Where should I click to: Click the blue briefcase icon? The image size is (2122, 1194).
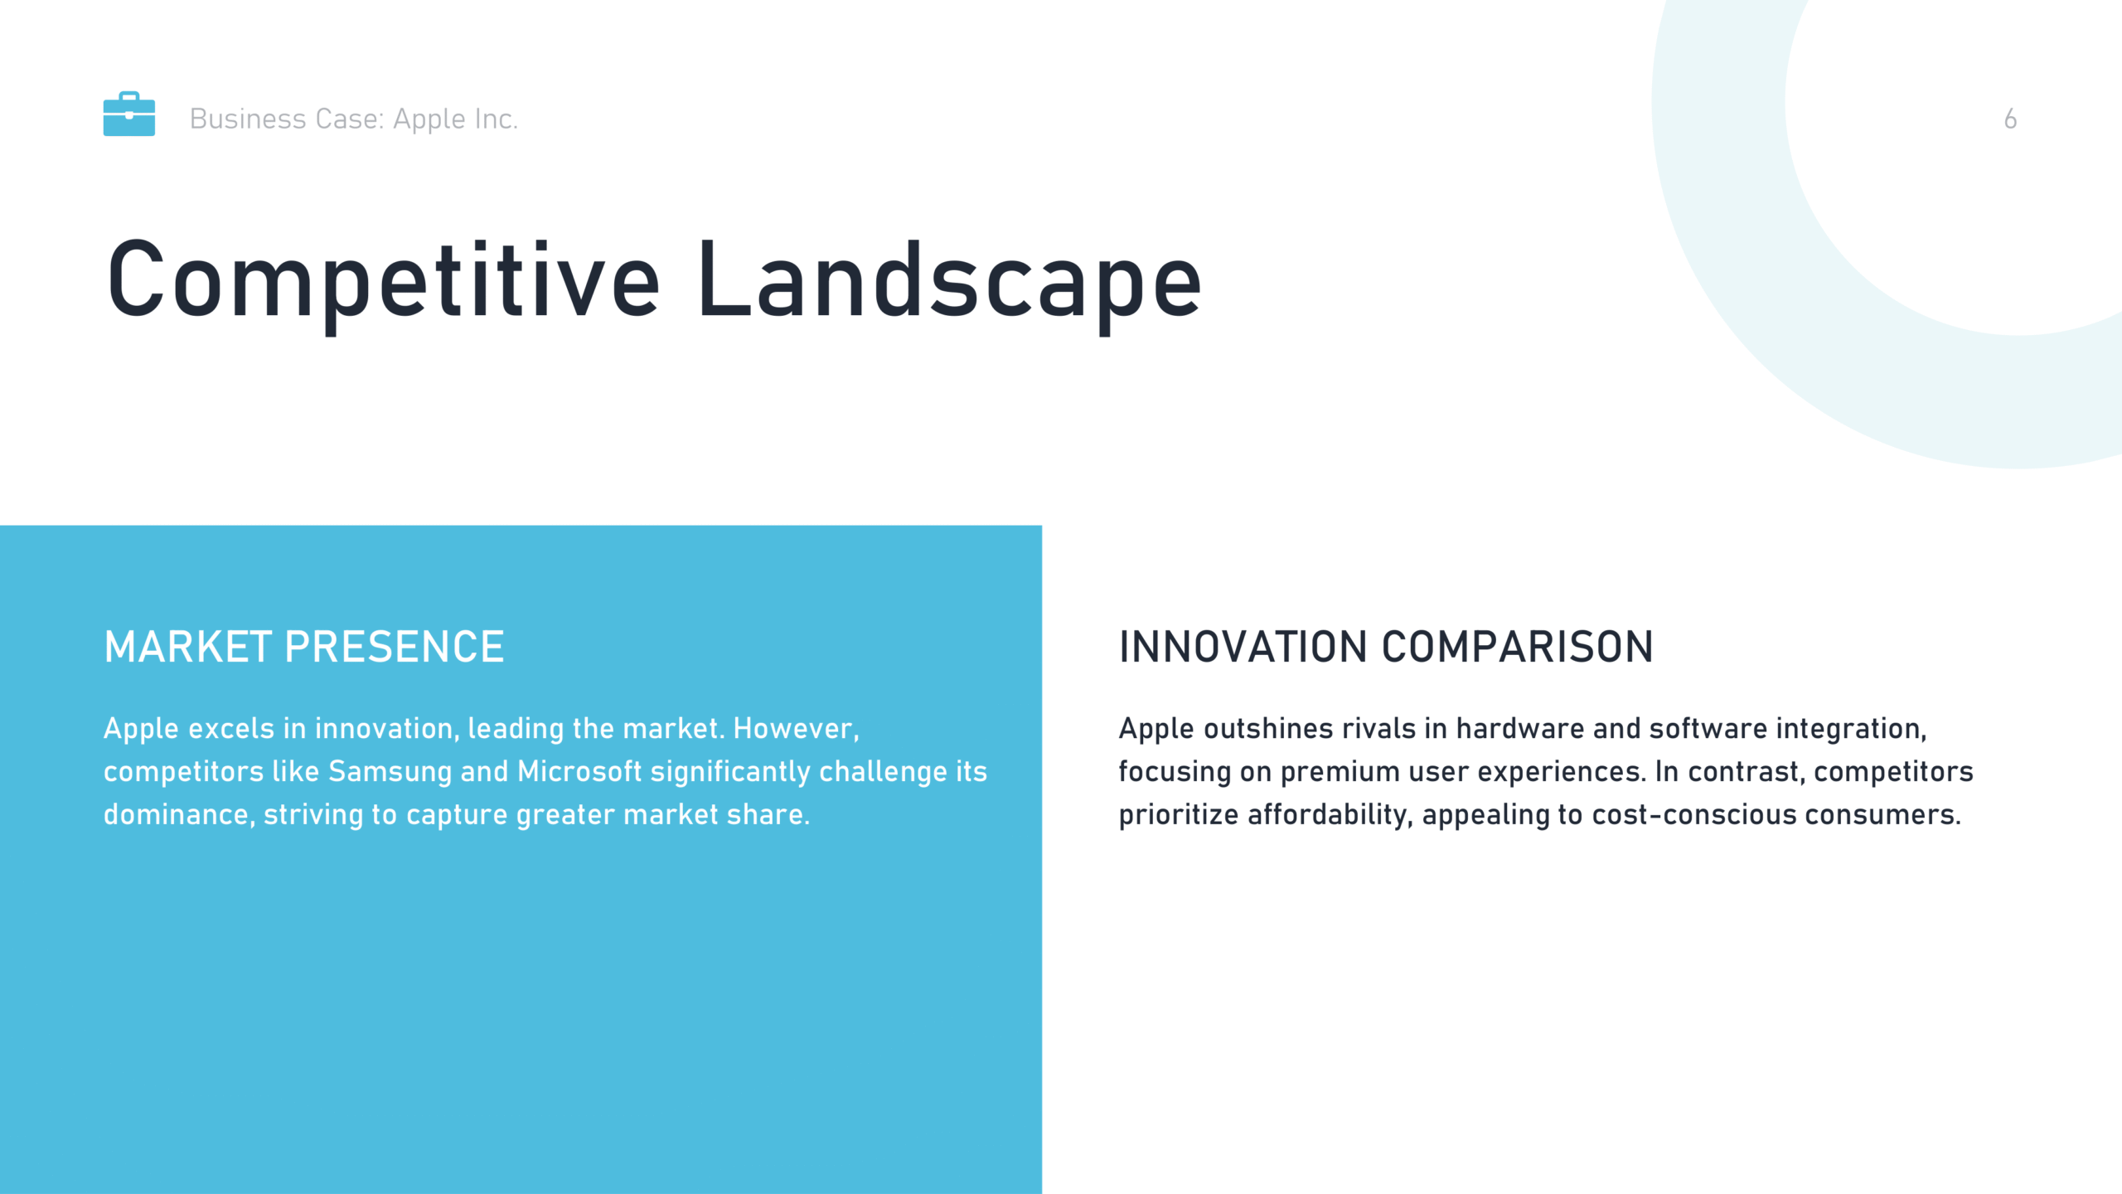point(128,114)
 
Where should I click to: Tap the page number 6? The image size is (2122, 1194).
point(2010,119)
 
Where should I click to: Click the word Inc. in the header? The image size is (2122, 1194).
point(496,119)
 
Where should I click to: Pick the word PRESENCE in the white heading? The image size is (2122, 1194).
point(394,647)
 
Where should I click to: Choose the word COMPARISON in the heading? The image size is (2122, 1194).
point(1518,647)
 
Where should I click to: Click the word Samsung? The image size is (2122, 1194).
point(390,772)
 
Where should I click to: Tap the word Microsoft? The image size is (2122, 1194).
point(579,771)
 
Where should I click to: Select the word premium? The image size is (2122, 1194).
point(1340,773)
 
